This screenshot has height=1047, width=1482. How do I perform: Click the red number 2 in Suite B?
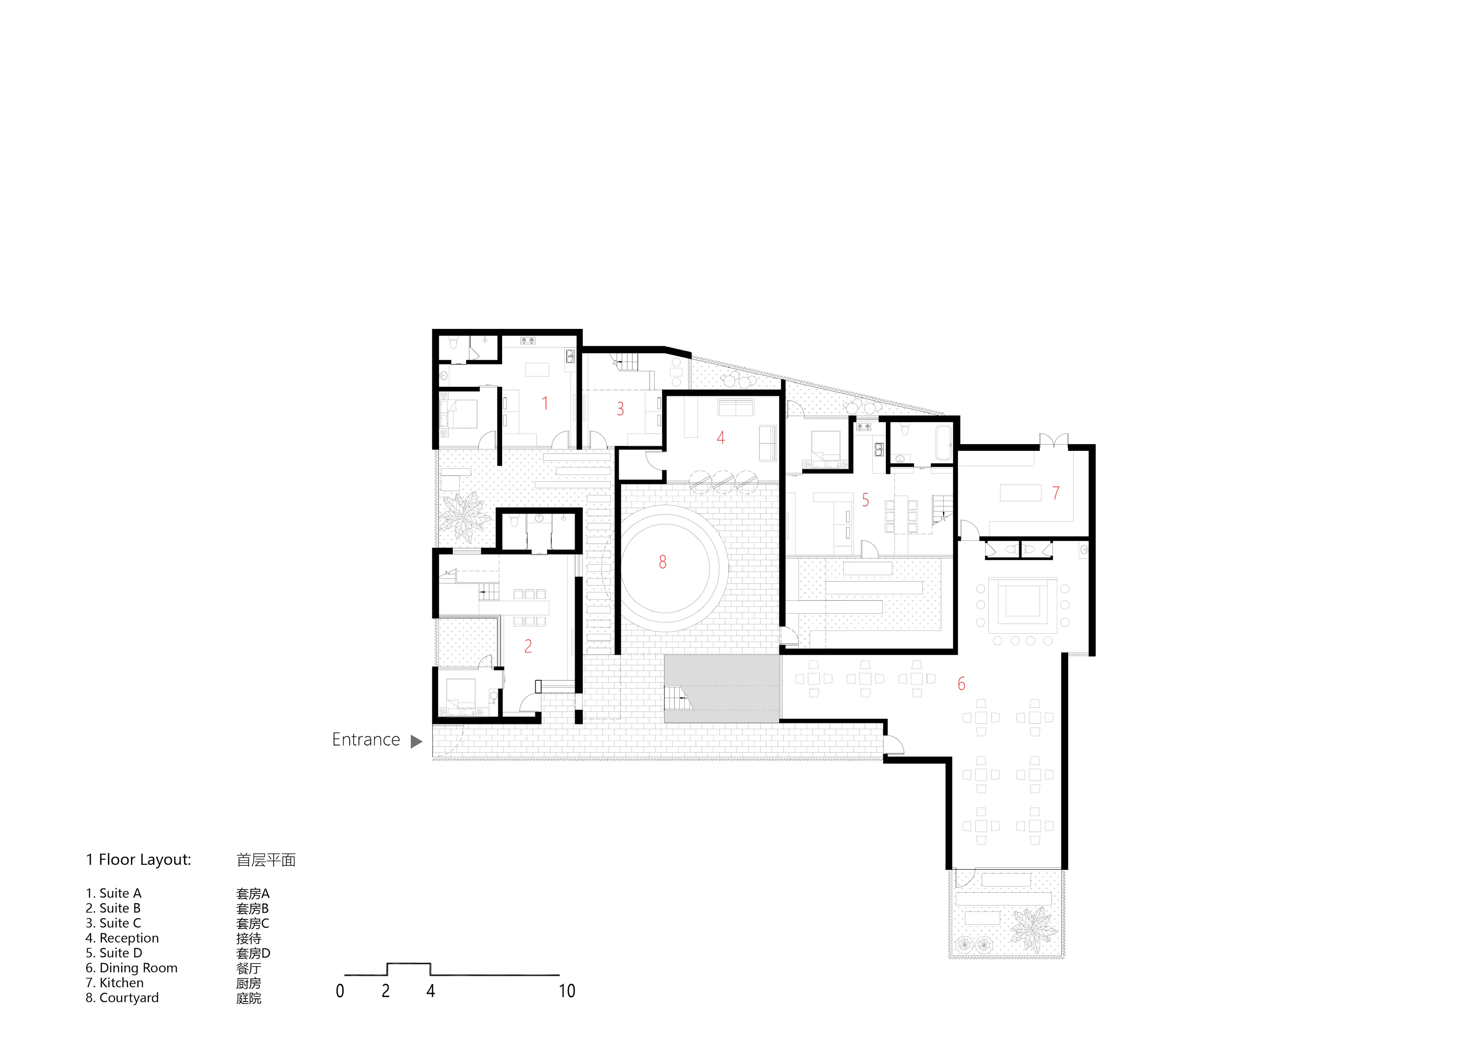(x=528, y=646)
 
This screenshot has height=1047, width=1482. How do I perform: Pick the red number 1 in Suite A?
(x=545, y=404)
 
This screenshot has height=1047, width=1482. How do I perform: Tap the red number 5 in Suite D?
(x=866, y=500)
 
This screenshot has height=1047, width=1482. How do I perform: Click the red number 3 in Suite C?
(x=620, y=409)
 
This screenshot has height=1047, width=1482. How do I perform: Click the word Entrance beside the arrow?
(x=365, y=740)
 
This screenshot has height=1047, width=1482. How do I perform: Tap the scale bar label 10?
(x=567, y=991)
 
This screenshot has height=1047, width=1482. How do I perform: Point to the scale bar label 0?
(x=340, y=991)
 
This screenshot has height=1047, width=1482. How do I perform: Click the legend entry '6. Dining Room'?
(x=132, y=968)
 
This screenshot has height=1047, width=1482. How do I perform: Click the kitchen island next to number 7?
(x=1020, y=493)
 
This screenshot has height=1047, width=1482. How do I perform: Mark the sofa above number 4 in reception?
(x=736, y=408)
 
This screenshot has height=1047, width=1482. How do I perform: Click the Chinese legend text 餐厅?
(x=249, y=968)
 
